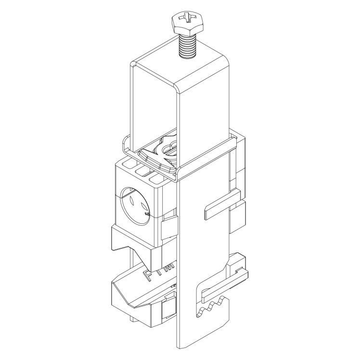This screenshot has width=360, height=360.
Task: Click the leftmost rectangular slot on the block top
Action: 129,167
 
